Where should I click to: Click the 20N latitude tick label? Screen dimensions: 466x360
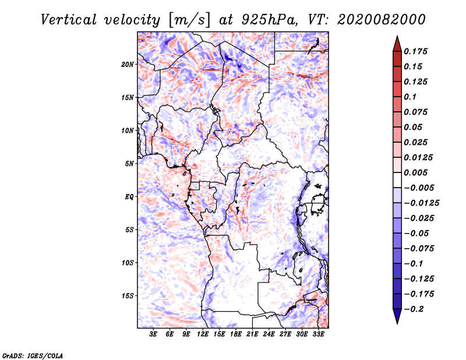click(x=128, y=65)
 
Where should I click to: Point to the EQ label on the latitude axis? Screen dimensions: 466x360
click(x=129, y=197)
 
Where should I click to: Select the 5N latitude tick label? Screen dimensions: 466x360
click(x=129, y=164)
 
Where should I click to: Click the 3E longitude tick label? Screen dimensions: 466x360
click(x=153, y=334)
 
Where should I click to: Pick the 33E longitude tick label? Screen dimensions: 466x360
click(x=318, y=334)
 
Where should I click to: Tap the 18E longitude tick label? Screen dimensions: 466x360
click(x=236, y=334)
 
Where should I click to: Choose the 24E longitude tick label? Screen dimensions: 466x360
click(x=269, y=334)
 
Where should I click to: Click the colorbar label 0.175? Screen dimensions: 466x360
click(x=415, y=51)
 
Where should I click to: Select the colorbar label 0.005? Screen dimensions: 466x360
click(x=415, y=172)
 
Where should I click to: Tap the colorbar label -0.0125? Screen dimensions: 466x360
click(x=421, y=203)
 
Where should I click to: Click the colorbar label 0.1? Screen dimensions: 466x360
click(x=410, y=97)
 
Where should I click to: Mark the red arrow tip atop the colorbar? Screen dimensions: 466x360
click(x=397, y=37)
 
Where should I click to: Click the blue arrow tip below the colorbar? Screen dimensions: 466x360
click(x=397, y=323)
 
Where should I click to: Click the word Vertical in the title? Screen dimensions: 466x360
click(x=69, y=20)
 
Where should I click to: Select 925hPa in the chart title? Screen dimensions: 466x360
click(x=269, y=20)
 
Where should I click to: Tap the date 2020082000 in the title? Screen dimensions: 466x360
click(x=382, y=20)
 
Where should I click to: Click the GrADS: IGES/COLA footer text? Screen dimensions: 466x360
click(x=33, y=355)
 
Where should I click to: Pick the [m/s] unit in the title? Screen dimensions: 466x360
click(x=189, y=20)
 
